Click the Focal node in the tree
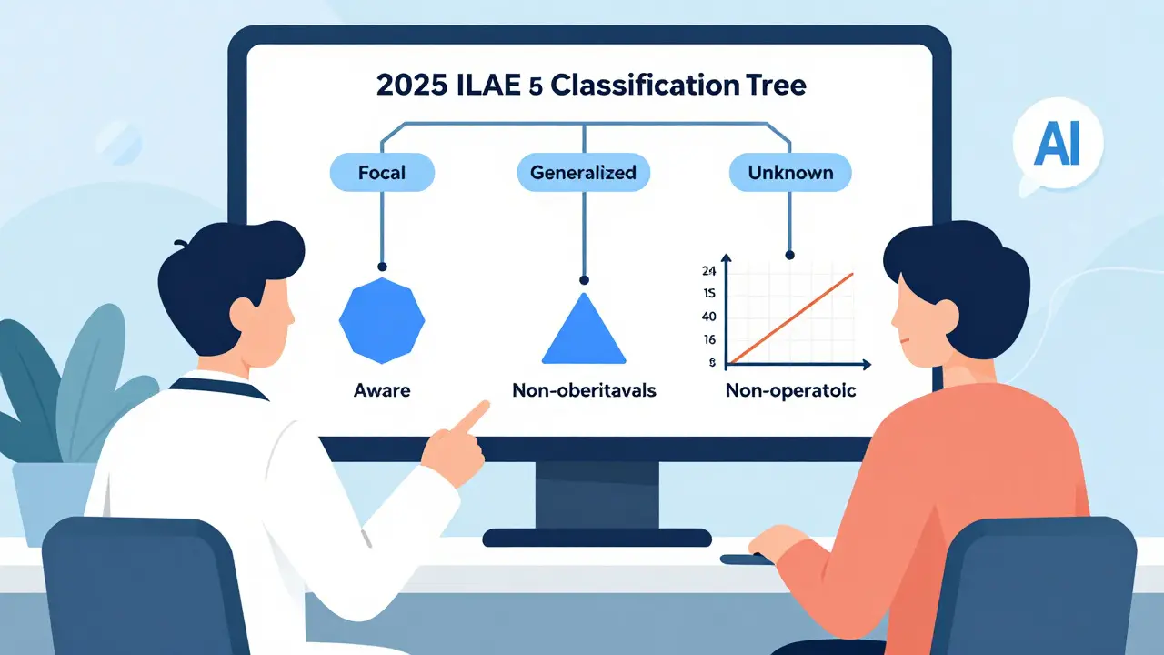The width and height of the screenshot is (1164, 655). pyautogui.click(x=383, y=172)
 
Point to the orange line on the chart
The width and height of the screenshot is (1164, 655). pyautogui.click(x=791, y=317)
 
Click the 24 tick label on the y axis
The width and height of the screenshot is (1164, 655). pyautogui.click(x=710, y=270)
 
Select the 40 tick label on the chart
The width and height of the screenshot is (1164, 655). pyautogui.click(x=710, y=317)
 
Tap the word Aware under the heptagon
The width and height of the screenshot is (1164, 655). pyautogui.click(x=382, y=391)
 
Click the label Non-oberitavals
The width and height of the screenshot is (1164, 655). pyautogui.click(x=584, y=391)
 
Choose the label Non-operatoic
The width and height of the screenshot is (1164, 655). pyautogui.click(x=790, y=391)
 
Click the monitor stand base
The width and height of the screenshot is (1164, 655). pyautogui.click(x=596, y=538)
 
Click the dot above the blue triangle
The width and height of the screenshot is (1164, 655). pyautogui.click(x=584, y=279)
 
